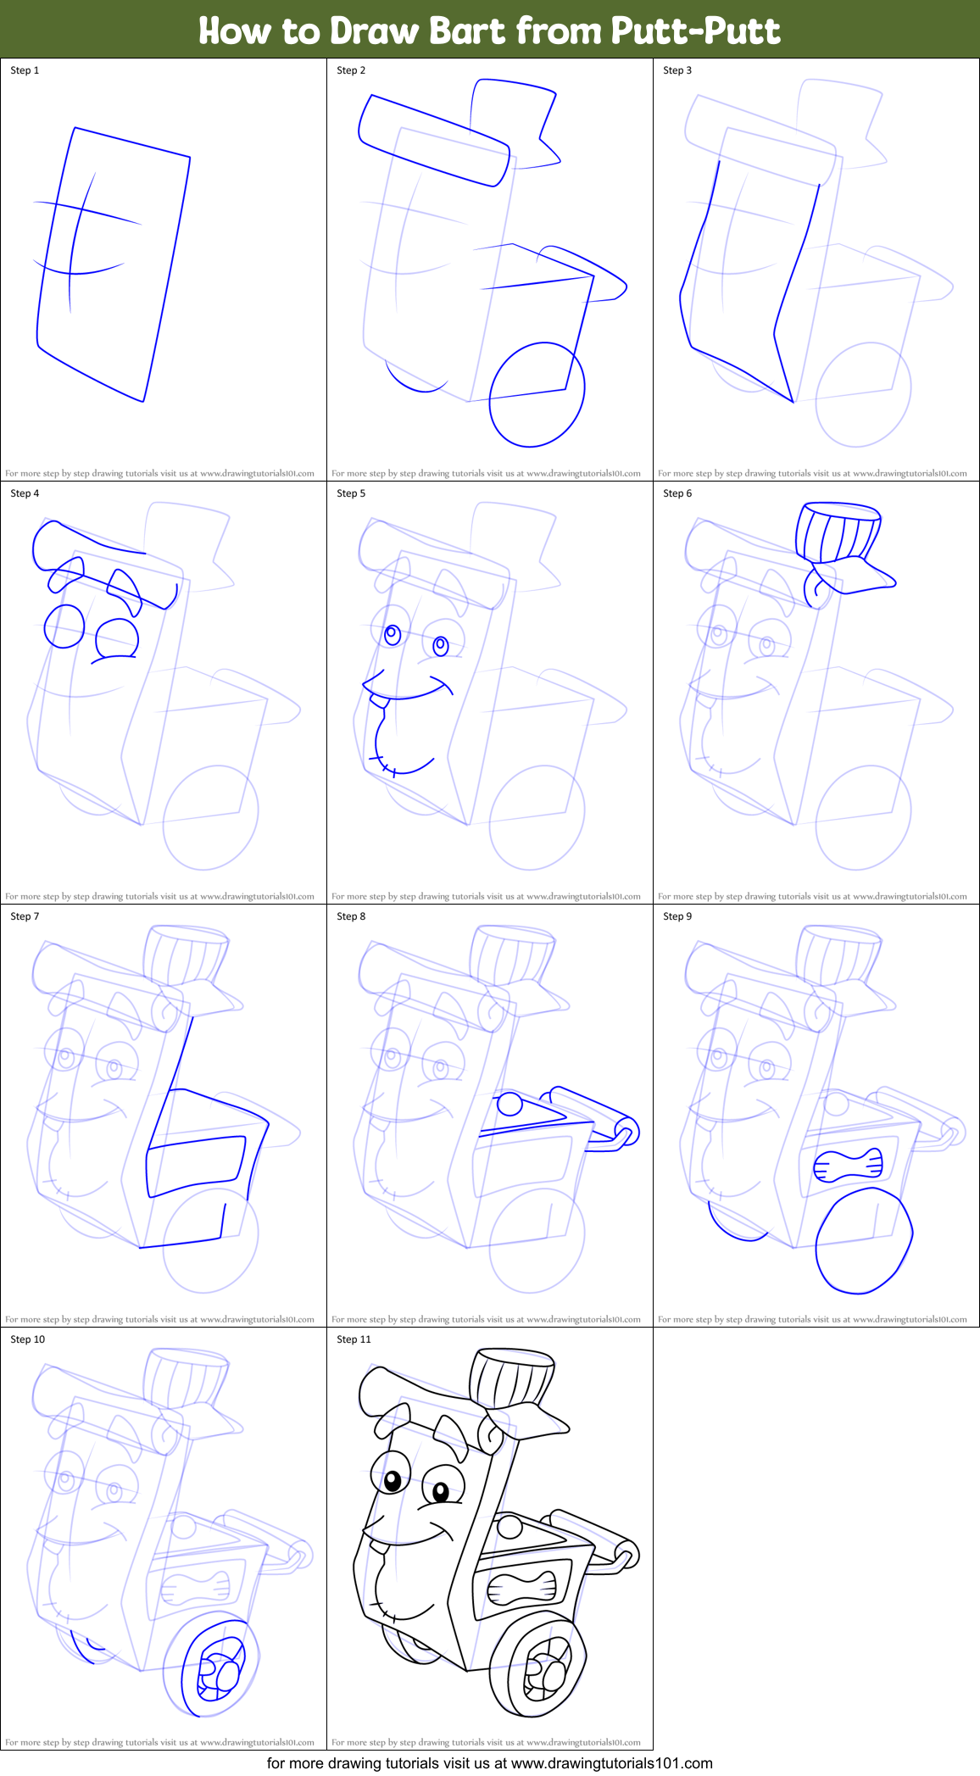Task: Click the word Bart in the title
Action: pos(469,31)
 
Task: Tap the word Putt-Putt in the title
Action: pos(694,31)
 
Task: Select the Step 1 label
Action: pos(25,70)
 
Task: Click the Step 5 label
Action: pos(351,493)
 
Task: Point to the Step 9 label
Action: pos(677,916)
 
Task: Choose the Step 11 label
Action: pos(354,1339)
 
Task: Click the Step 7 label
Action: pos(25,916)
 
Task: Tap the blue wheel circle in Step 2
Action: pos(537,394)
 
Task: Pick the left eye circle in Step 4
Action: pos(64,626)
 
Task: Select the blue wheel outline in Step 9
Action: pos(863,1241)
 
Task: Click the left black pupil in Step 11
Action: pos(393,1481)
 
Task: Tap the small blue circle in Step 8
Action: pos(509,1104)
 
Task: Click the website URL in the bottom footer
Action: pos(611,1762)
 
